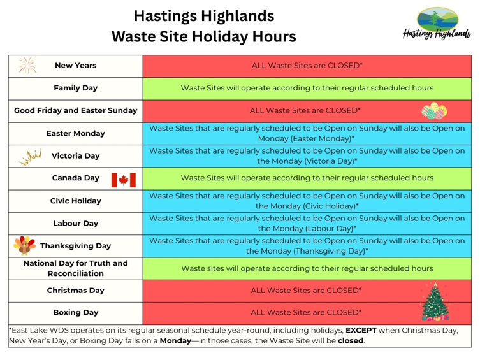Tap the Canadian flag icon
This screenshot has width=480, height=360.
tap(124, 178)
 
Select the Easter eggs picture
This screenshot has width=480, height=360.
tap(434, 111)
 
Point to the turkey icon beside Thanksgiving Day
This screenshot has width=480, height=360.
tap(25, 245)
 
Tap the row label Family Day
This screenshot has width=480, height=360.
tap(75, 88)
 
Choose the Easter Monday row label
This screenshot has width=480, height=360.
tap(75, 134)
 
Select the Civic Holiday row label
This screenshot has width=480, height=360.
tap(75, 201)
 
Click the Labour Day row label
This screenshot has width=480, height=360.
tap(75, 224)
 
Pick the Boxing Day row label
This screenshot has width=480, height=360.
tap(75, 312)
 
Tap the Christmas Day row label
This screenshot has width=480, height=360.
tap(75, 291)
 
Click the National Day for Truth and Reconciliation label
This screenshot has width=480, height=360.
tap(75, 268)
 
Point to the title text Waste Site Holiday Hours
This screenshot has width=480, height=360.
tap(204, 37)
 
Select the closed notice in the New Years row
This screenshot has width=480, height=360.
tap(307, 65)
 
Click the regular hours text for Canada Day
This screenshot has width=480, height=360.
tap(307, 178)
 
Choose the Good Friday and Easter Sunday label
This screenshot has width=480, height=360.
tap(75, 110)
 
